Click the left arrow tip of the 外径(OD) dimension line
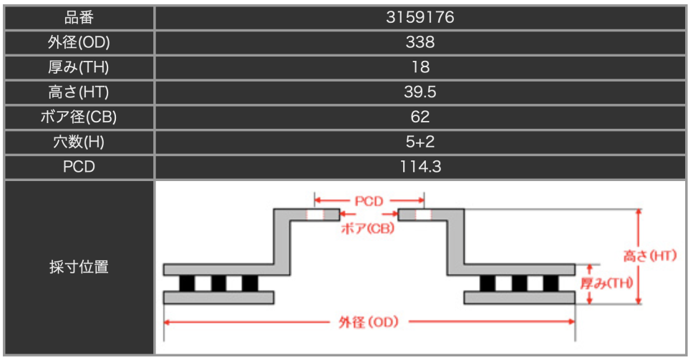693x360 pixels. coord(165,322)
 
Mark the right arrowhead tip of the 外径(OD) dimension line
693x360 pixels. coord(575,322)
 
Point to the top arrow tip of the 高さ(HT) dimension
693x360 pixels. coord(638,210)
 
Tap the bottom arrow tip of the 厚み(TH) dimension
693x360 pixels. coord(589,304)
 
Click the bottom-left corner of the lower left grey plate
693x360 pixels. coord(164,304)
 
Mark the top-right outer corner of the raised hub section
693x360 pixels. coord(464,209)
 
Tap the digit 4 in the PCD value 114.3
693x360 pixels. coord(422,167)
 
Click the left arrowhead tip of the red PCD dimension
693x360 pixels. coord(315,201)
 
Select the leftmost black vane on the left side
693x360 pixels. coord(187,283)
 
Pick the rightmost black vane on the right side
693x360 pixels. coord(551,283)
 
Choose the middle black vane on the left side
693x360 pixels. coord(218,283)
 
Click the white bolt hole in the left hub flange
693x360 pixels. coord(315,215)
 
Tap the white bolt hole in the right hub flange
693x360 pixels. coord(423,215)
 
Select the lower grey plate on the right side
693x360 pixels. coord(520,298)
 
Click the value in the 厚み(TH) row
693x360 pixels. coord(420,67)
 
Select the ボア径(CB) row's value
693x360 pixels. coord(420,117)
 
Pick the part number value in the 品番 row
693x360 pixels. coord(420,17)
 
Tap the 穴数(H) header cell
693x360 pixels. coord(79,142)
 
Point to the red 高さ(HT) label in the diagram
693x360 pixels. coord(650,256)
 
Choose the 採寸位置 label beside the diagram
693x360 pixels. coord(79,267)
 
